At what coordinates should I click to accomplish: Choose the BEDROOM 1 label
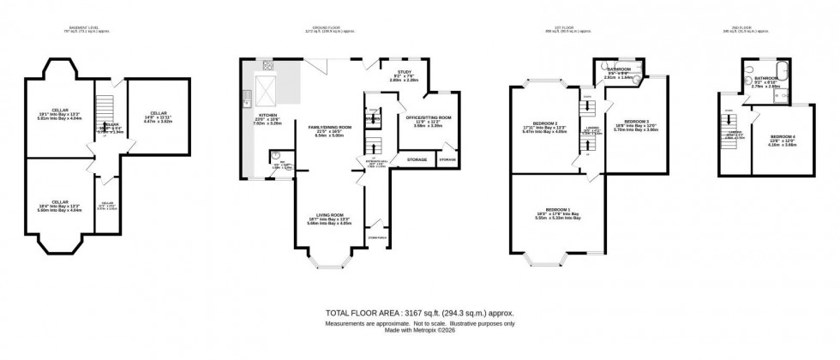click(x=558, y=209)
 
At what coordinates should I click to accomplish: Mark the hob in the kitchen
click(x=267, y=64)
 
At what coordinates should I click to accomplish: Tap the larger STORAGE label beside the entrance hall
click(x=417, y=159)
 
